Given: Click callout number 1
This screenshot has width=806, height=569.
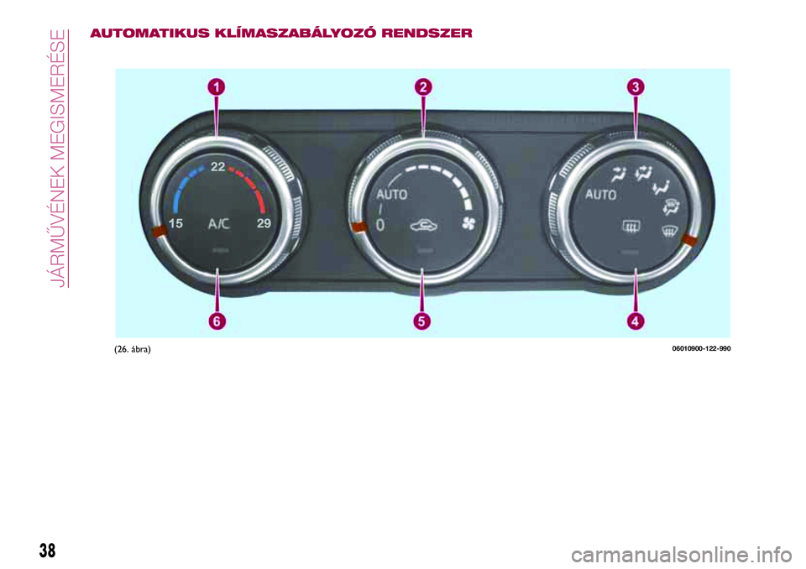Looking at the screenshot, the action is point(217,87).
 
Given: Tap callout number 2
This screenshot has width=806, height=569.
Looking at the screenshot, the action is point(423,87).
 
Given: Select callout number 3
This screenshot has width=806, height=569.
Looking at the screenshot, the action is point(636,87).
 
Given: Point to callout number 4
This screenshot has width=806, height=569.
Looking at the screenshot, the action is point(636,321).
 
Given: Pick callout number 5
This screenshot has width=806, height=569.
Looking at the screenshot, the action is point(421,321).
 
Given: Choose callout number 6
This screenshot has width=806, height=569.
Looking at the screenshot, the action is point(217,321).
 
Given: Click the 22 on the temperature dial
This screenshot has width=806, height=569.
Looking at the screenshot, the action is point(217,166).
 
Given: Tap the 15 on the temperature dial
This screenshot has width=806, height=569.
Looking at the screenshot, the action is point(175,223).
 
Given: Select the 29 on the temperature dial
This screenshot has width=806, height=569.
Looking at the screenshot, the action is point(264,223).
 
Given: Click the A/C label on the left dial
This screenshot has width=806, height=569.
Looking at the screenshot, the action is point(219,224).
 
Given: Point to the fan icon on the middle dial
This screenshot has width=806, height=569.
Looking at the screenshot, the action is point(468,223).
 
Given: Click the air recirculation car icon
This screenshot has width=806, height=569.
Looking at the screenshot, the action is point(424,225).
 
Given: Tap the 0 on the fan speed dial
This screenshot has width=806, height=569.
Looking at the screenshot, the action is point(379,225).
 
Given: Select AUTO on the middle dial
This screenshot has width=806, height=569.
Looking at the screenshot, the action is point(392,195).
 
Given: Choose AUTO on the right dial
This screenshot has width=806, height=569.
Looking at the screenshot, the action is point(601,195).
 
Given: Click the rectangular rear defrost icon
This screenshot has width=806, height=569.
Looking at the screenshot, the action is point(631,226).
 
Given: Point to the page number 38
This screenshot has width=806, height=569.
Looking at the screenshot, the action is point(47,551).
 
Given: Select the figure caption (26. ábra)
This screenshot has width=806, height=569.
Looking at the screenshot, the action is point(133,349).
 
